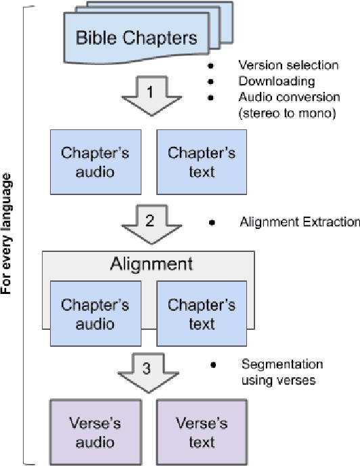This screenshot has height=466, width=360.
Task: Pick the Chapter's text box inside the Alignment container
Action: (x=201, y=314)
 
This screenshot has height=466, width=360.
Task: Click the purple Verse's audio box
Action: (x=95, y=432)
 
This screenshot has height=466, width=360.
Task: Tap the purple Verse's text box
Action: (x=201, y=432)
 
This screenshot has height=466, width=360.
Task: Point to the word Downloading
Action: (x=267, y=81)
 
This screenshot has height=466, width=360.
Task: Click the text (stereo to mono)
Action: (x=287, y=113)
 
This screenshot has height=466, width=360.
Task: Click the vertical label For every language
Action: (x=9, y=234)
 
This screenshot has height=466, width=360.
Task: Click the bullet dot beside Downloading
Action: (x=212, y=82)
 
